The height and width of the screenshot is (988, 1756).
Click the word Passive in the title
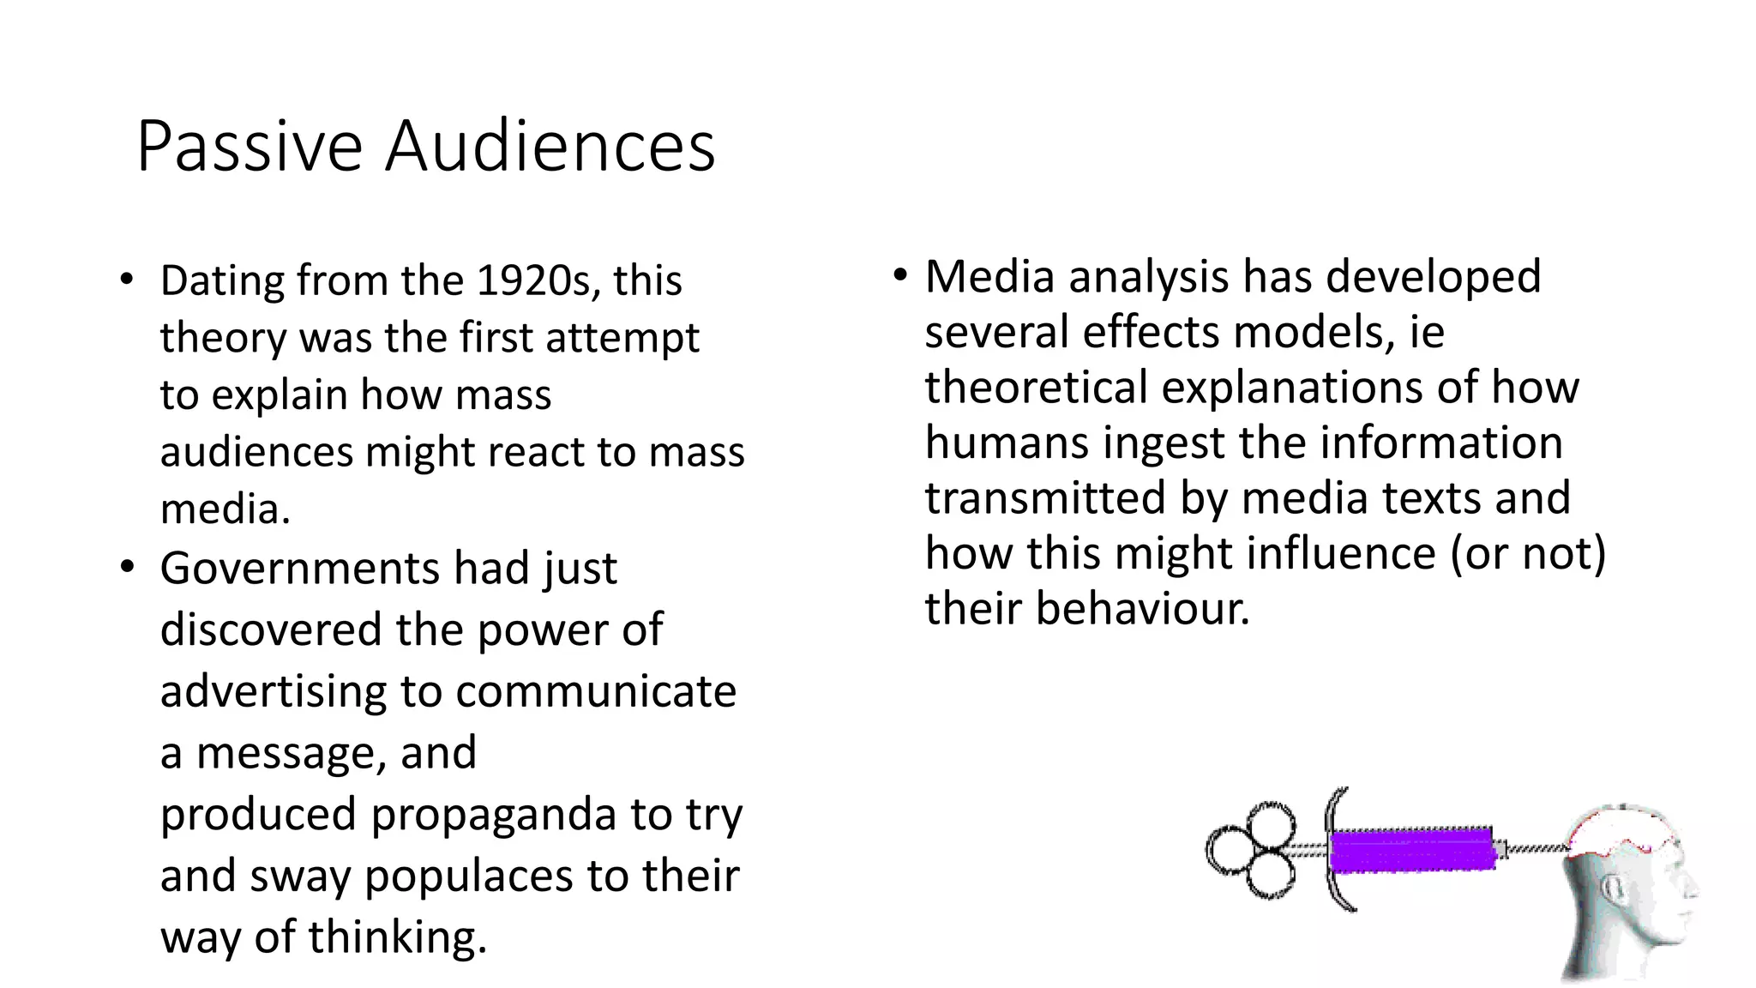249,148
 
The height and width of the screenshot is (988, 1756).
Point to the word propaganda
493,815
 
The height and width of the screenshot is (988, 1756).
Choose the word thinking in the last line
397,937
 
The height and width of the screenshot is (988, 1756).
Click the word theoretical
1036,388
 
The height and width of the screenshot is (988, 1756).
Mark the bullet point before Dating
128,280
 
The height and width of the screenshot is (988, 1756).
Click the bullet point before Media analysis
899,276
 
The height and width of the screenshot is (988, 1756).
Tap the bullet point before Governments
128,568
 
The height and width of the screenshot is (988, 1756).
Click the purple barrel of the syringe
1410,850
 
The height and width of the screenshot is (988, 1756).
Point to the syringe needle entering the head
1539,849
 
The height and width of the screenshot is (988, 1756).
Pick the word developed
1434,277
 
